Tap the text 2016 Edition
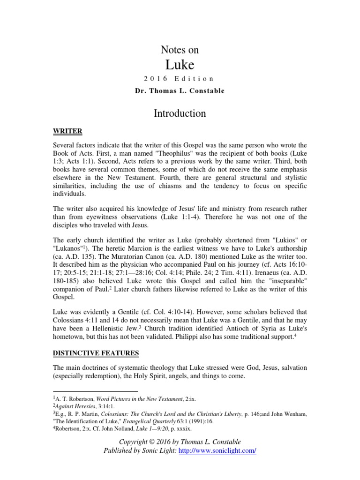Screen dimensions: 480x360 click(x=180, y=79)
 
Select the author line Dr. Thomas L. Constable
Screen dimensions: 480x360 click(x=180, y=90)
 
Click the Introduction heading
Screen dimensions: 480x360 click(x=180, y=113)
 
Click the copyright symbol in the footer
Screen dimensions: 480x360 click(x=153, y=442)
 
